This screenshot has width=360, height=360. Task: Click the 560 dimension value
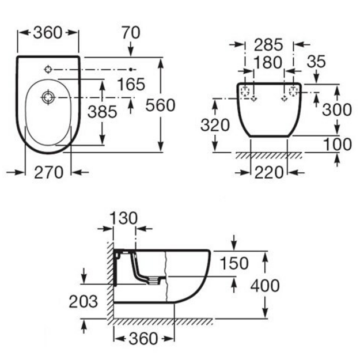(160, 105)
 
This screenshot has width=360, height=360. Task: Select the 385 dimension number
(103, 112)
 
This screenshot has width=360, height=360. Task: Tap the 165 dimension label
(131, 84)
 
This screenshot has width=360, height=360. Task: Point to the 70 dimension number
(131, 33)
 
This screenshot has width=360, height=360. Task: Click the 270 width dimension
(48, 172)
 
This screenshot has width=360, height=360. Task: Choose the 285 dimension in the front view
(268, 45)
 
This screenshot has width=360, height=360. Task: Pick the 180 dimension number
(268, 62)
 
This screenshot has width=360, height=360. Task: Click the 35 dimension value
(316, 61)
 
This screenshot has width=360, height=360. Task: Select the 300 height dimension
(337, 109)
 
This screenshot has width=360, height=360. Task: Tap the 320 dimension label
(215, 125)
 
